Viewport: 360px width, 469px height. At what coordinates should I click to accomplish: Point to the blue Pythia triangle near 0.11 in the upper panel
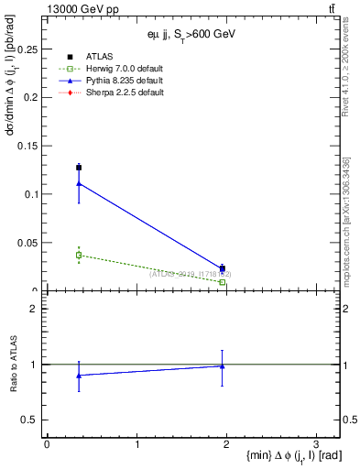(79, 183)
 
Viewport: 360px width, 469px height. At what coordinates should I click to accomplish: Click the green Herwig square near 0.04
(79, 256)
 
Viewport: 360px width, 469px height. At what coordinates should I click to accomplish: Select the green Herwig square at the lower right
(223, 282)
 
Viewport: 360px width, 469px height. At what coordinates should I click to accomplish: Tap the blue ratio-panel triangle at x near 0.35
(79, 376)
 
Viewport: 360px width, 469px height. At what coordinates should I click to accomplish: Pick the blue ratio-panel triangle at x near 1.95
(223, 366)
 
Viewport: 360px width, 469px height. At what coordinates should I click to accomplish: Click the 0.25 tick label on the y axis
(28, 48)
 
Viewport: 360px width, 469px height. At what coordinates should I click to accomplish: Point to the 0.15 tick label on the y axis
(28, 146)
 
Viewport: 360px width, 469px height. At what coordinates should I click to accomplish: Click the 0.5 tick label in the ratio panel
(31, 420)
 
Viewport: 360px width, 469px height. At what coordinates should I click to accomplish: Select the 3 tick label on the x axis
(316, 443)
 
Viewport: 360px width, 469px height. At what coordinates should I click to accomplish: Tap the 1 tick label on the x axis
(136, 443)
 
